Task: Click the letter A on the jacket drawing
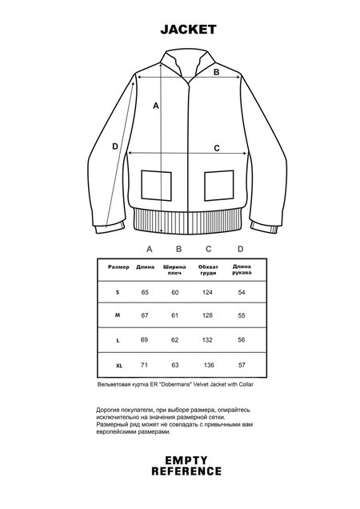[x=156, y=105]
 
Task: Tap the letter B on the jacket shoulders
[x=215, y=71]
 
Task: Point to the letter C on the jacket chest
[x=217, y=147]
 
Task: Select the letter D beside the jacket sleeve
[x=115, y=146]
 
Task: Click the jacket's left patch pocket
[x=156, y=185]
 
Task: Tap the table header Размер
[x=118, y=267]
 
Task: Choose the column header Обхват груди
[x=207, y=270]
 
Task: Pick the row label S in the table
[x=118, y=293]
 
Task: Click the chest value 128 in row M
[x=207, y=317]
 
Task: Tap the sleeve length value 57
[x=241, y=366]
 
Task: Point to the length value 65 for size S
[x=146, y=293]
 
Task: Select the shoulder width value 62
[x=176, y=341]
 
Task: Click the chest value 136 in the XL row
[x=207, y=366]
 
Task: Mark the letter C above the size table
[x=208, y=249]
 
